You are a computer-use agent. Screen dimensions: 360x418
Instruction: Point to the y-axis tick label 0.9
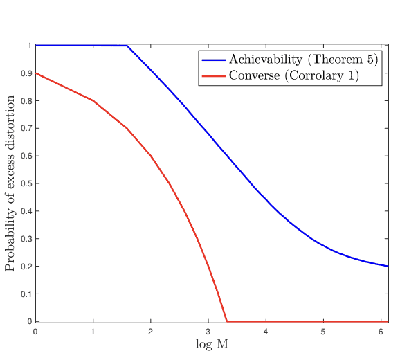[26, 73]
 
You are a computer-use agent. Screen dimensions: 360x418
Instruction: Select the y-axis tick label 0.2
[26, 267]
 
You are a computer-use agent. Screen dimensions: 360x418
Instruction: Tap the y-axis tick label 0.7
[26, 129]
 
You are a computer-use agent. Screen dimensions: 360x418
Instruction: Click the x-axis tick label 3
[208, 332]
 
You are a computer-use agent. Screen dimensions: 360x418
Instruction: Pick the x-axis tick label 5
[323, 332]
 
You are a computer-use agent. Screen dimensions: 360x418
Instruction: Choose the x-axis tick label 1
[93, 332]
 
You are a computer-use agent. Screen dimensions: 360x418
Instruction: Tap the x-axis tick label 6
[381, 332]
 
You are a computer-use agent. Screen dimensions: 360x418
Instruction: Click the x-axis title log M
[210, 344]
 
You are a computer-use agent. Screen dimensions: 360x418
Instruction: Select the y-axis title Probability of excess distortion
[11, 183]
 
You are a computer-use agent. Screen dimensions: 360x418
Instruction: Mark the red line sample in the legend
[213, 75]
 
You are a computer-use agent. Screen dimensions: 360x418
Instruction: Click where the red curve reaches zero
[227, 321]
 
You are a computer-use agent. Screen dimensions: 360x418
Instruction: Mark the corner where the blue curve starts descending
[127, 46]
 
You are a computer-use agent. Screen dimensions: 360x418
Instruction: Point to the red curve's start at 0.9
[36, 73]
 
